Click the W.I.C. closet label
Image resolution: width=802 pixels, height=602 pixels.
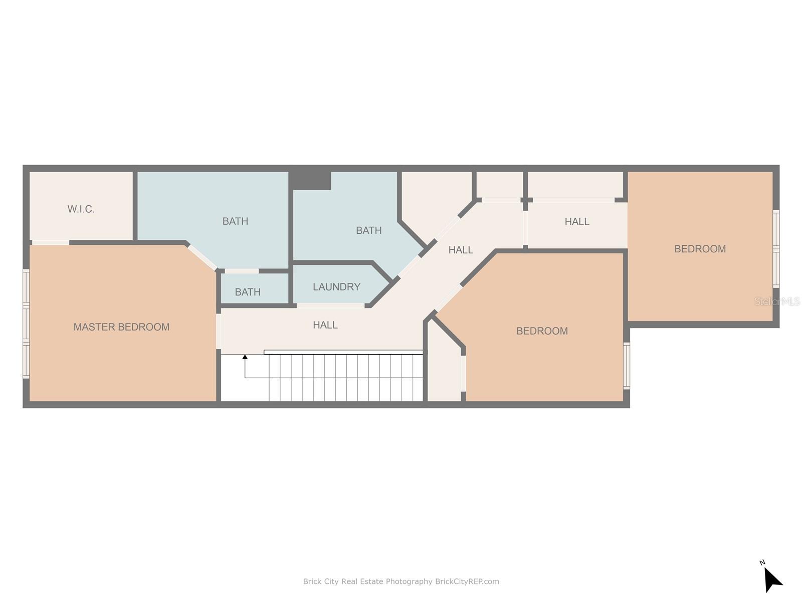click(x=81, y=209)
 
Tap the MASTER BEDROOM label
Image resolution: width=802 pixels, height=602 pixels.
click(x=121, y=327)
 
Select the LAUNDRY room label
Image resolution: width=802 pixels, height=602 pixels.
click(x=336, y=287)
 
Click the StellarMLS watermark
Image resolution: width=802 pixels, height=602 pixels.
click(x=777, y=302)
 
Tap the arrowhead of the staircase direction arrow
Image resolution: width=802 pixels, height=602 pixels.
click(x=245, y=357)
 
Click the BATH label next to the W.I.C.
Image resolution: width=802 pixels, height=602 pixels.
click(x=235, y=221)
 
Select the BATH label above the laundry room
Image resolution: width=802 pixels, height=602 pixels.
click(x=368, y=231)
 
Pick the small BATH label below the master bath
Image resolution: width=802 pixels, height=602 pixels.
click(x=248, y=292)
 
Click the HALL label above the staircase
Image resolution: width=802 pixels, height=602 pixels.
click(x=325, y=325)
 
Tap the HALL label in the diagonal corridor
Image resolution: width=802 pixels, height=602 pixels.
click(x=461, y=250)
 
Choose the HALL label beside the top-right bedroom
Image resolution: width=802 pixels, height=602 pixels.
click(x=577, y=222)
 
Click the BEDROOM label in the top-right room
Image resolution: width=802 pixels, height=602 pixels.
click(x=700, y=249)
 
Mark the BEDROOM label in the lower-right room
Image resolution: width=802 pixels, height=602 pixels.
click(x=542, y=331)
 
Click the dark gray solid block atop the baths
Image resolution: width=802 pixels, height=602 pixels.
click(x=310, y=181)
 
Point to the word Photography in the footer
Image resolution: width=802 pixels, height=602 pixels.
click(x=409, y=581)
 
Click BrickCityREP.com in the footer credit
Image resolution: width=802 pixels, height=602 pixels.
click(x=467, y=581)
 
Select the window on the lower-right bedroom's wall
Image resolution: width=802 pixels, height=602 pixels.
click(x=626, y=366)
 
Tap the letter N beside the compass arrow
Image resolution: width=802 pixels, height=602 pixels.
click(x=762, y=562)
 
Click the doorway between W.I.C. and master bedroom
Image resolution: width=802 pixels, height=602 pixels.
click(x=51, y=243)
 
